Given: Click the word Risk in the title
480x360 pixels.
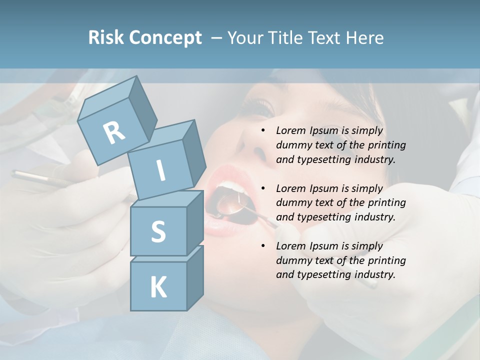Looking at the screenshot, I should coord(106,38).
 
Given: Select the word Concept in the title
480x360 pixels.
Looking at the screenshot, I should coord(165,38).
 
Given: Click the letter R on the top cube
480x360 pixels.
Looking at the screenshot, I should coord(114,132).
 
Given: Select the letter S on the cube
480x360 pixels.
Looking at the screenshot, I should coord(158,231).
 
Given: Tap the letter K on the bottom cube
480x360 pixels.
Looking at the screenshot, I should coord(158,287).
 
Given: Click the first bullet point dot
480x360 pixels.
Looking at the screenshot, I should coord(263,131).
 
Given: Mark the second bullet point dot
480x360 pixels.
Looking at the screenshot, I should coord(263,189).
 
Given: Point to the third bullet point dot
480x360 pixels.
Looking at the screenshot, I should coord(263,246).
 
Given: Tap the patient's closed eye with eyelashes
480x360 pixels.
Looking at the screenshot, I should coord(260,107).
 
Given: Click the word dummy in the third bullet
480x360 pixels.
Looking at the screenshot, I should coord(292,260).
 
